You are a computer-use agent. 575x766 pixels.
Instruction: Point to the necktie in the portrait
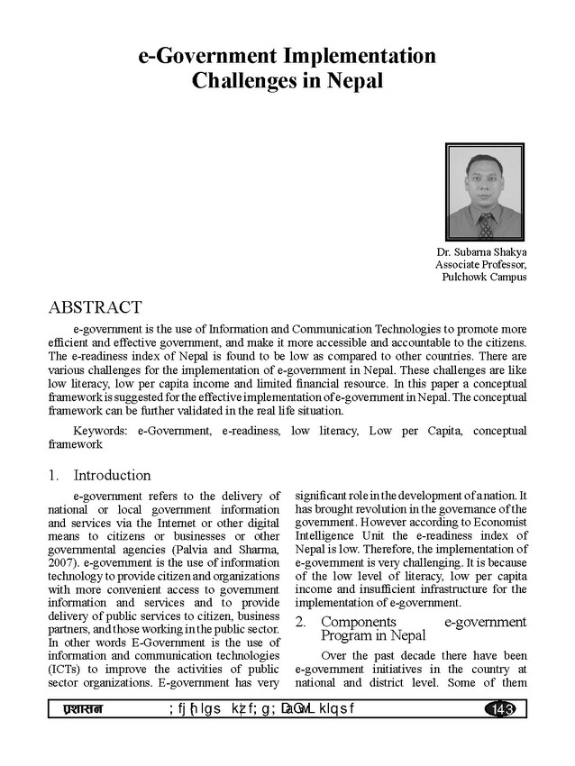(486, 223)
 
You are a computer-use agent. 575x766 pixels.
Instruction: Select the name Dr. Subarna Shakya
(482, 252)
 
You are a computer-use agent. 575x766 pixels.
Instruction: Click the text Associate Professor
(481, 265)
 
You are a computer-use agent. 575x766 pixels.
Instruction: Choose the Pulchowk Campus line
(484, 278)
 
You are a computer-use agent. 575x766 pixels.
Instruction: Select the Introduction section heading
(112, 475)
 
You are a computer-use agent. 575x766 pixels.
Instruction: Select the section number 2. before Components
(302, 622)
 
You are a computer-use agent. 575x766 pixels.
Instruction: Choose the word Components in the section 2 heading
(358, 622)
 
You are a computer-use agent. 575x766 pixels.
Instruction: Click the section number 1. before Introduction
(55, 475)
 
